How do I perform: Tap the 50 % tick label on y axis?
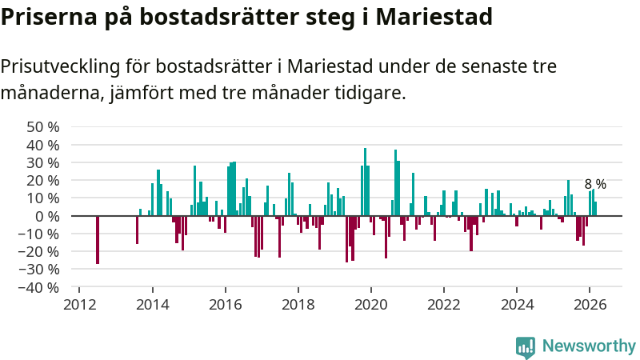[x=43, y=126]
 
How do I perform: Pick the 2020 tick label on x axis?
[x=371, y=304]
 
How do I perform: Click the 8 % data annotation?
[x=595, y=184]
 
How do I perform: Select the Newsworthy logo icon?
[x=526, y=346]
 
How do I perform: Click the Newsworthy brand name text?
[x=589, y=346]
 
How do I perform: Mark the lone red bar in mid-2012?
[x=98, y=239]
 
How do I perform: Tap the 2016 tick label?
[x=225, y=304]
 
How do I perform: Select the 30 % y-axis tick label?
[x=43, y=162]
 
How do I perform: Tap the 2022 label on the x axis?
[x=444, y=304]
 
